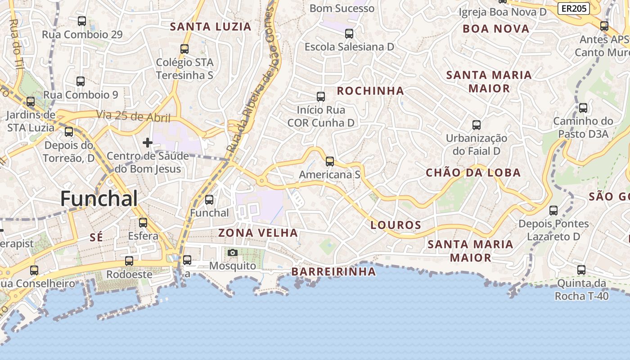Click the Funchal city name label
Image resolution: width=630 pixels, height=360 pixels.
point(99,198)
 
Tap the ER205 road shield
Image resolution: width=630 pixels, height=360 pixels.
point(574,8)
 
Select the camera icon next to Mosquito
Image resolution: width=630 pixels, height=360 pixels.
point(233,253)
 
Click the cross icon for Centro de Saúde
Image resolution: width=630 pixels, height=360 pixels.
point(148,143)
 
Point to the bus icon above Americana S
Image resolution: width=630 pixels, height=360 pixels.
point(330,162)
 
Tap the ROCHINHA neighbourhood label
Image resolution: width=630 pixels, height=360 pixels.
point(370,91)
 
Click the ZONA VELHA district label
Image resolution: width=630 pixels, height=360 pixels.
point(258,233)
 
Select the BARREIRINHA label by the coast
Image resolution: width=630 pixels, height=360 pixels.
point(333,271)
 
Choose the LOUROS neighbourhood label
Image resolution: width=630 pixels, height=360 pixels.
point(396,225)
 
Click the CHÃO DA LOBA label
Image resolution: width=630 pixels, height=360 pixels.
point(473,172)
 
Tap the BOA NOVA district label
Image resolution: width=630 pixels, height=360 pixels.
point(496,29)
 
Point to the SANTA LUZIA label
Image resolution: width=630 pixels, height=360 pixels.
point(210,27)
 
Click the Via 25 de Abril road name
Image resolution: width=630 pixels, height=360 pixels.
point(133,116)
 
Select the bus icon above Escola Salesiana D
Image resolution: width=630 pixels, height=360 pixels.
point(349,34)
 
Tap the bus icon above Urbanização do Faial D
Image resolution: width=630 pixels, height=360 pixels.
point(477,125)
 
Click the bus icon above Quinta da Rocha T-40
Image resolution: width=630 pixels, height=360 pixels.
point(581,270)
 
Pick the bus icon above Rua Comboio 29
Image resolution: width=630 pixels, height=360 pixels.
point(82,21)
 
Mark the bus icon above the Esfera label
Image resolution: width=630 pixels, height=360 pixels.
point(143,223)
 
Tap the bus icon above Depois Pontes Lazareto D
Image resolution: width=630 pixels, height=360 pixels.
point(553,211)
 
